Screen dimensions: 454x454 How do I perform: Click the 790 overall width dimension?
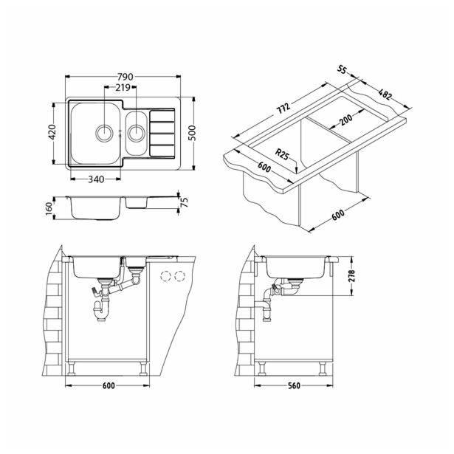(x=125, y=77)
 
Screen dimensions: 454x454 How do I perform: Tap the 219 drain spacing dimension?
(x=123, y=87)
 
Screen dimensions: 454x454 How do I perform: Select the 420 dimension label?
(x=52, y=132)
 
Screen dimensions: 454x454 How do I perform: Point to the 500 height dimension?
(x=192, y=133)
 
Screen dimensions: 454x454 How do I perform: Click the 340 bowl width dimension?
(x=96, y=179)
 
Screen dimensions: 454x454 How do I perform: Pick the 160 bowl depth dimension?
(x=49, y=209)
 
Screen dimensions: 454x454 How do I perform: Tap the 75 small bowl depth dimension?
(x=184, y=202)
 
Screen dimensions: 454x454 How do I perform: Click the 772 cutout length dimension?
(x=283, y=109)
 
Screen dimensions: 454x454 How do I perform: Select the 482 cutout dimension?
(x=385, y=94)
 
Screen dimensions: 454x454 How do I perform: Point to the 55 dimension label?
(x=342, y=69)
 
